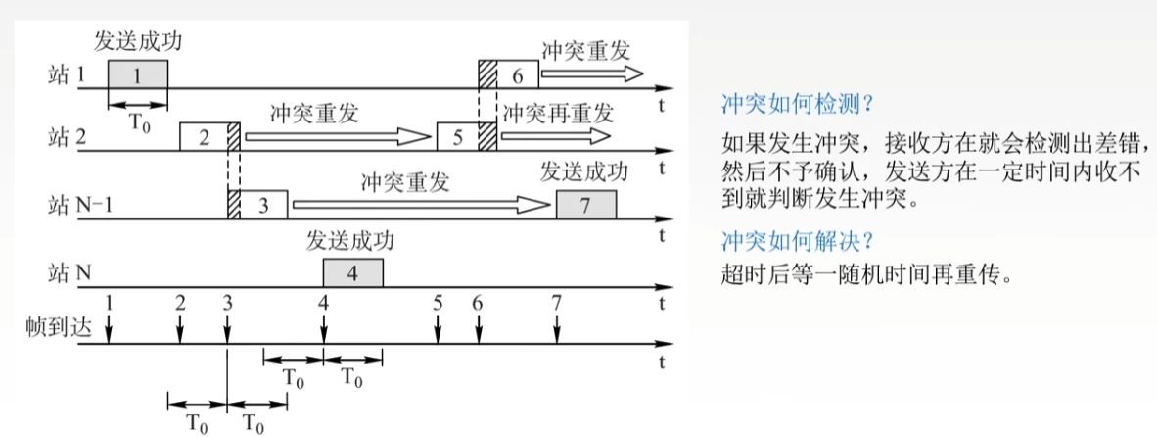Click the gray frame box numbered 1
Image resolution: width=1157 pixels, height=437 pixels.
pos(137,74)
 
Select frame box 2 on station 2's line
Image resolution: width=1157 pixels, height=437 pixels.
pos(204,137)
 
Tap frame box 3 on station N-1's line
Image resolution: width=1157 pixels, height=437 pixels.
pos(263,205)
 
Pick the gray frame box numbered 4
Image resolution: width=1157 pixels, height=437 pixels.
pos(352,273)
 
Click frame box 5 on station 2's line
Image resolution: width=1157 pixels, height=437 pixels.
pos(457,137)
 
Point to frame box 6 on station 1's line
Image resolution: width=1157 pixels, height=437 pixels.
pos(518,74)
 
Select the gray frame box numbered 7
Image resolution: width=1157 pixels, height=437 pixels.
pos(585,205)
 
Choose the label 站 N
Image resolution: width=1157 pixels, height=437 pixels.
pos(70,273)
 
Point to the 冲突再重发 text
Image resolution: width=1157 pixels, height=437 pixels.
pos(558,112)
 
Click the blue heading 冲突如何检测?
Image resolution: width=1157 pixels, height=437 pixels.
pos(796,103)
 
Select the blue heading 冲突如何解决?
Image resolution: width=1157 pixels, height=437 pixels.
pos(796,240)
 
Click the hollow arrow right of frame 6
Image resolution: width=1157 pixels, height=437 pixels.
pos(591,73)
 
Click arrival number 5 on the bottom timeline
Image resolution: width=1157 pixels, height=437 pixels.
pos(438,303)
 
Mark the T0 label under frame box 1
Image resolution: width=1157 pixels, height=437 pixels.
pos(138,124)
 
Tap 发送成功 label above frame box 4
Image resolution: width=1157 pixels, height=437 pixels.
pos(351,241)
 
